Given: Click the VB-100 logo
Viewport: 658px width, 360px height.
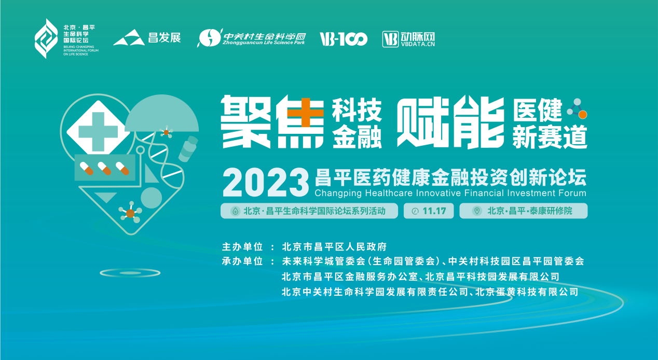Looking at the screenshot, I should [344, 39].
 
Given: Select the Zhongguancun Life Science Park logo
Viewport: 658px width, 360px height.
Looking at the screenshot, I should [252, 38].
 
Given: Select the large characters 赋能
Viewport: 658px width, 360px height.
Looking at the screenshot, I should [450, 122].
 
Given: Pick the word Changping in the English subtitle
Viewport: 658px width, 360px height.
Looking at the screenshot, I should [337, 193].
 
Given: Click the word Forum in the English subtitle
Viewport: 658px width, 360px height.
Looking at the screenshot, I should [573, 193].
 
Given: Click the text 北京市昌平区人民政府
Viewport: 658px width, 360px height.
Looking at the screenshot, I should [334, 246].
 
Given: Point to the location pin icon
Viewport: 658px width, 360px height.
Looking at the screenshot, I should [476, 211].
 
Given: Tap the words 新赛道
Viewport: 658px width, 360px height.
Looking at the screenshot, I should [550, 138].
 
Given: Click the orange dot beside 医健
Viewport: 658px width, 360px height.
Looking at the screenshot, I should [583, 114].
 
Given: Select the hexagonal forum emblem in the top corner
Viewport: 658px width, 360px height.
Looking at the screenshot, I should [46, 38].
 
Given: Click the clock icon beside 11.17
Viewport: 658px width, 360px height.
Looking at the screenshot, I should [415, 211].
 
